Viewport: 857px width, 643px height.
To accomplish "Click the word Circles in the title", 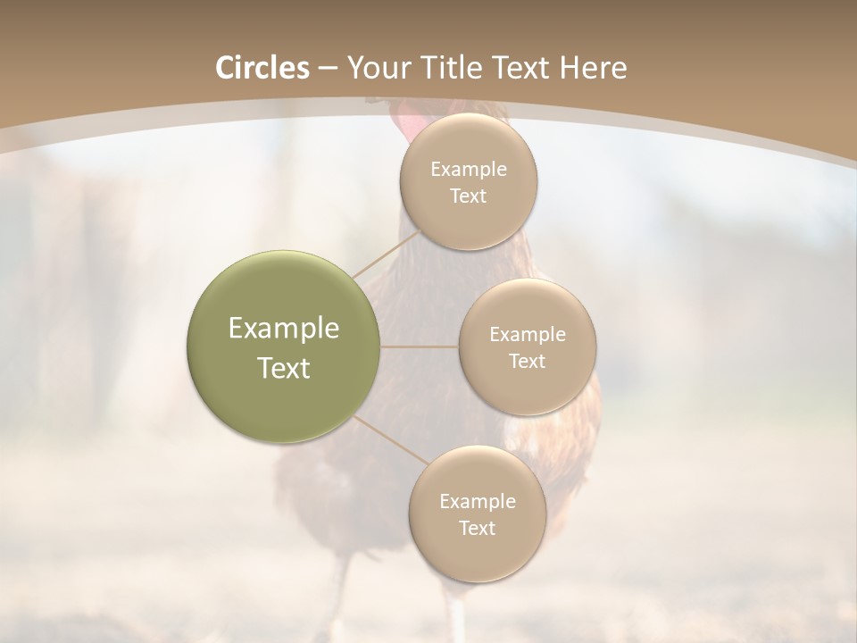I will [262, 68].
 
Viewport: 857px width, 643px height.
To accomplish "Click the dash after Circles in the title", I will [328, 69].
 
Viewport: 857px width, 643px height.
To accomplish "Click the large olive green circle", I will [284, 347].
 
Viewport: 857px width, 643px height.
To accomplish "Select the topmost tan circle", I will [469, 181].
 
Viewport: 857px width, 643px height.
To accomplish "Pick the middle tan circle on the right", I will [527, 347].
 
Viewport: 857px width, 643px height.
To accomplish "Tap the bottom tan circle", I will [477, 514].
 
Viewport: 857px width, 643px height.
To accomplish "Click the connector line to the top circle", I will [386, 254].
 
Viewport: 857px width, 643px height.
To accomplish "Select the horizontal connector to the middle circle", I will [420, 347].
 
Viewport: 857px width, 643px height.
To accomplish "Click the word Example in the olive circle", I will [284, 329].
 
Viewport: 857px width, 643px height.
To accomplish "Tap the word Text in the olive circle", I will [284, 368].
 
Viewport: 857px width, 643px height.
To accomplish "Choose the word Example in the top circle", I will [469, 170].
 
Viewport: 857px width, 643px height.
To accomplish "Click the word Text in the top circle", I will [469, 196].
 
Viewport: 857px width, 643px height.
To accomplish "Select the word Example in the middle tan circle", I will [527, 335].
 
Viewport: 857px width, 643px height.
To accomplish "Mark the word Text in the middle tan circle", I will [527, 362].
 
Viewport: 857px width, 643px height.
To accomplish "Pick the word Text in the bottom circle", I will [477, 529].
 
